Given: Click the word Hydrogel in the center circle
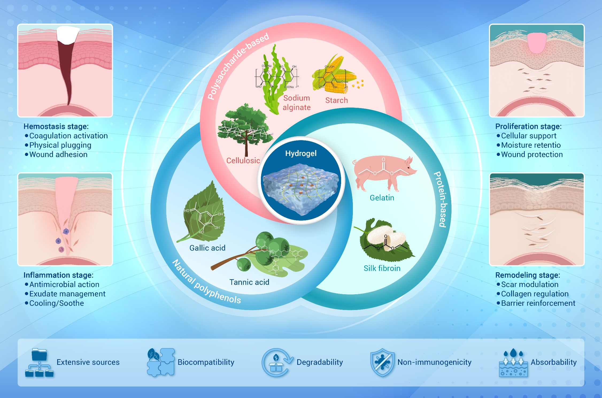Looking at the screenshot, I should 301,153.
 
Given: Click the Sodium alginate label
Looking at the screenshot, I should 296,103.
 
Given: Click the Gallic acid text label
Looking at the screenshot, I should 207,248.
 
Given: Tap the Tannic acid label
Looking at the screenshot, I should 249,282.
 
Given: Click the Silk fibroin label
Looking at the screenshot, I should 382,268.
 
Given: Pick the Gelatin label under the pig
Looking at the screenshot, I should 382,198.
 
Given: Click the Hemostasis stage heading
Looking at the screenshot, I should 56,126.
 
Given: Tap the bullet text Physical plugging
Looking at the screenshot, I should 60,145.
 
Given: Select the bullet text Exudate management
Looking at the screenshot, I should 67,294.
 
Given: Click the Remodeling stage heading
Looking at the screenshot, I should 527,275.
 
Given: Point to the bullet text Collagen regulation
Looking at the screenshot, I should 535,294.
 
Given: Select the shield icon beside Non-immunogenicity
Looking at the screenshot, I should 382,362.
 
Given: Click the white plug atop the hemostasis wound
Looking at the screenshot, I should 67,35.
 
